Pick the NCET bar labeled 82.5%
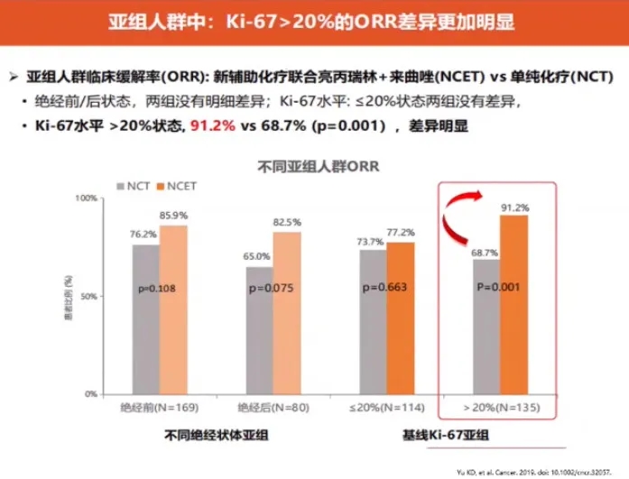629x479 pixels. click(287, 313)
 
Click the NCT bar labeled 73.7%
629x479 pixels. click(372, 322)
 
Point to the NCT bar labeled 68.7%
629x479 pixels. click(485, 327)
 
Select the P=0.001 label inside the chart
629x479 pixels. click(497, 288)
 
